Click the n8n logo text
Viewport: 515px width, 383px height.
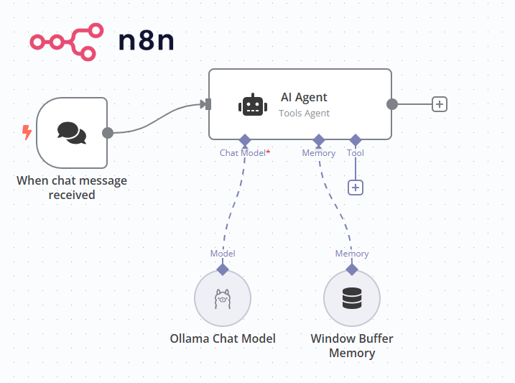(146, 41)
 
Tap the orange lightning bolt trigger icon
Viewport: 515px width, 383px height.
(27, 132)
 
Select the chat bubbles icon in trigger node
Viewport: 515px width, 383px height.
(71, 132)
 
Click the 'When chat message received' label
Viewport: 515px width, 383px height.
(72, 188)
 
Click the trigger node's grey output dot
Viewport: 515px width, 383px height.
(108, 133)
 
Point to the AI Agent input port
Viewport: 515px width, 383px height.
(208, 104)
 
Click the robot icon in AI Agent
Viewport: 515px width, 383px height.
(251, 105)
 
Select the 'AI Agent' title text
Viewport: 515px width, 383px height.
(304, 97)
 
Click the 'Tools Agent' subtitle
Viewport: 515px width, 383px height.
(305, 113)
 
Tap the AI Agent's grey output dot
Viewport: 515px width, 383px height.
(392, 104)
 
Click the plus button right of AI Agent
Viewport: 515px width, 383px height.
(440, 104)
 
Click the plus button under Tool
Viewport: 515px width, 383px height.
(355, 188)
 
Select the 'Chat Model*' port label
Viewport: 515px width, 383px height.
(245, 153)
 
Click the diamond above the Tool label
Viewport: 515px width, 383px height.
(355, 139)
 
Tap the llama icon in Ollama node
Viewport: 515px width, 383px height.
(223, 298)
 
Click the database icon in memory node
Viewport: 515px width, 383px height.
(351, 298)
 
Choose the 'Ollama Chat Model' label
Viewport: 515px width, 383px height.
(223, 338)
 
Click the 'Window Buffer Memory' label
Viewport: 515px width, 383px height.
(351, 346)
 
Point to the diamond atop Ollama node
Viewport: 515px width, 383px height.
(223, 269)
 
